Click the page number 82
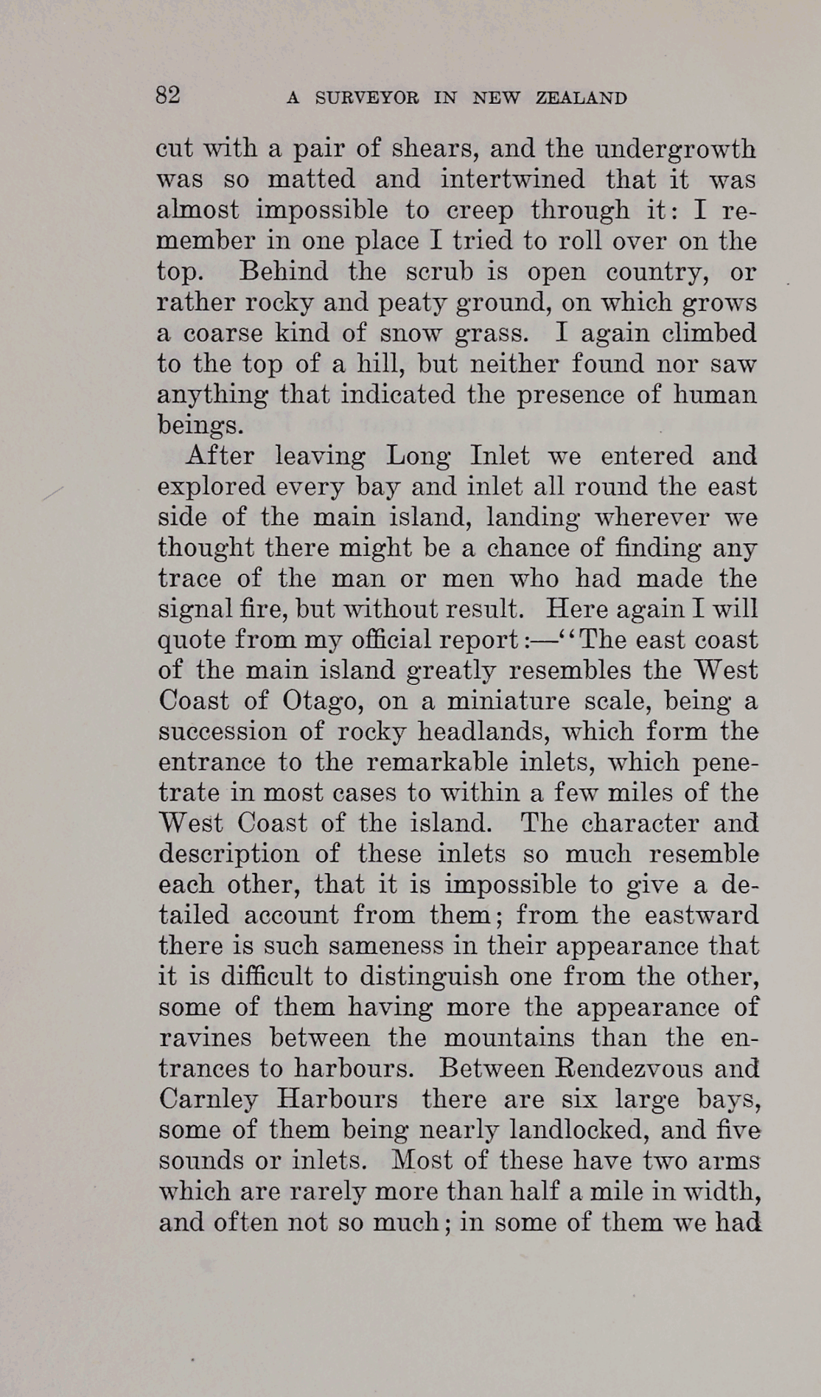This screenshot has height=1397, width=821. pos(168,96)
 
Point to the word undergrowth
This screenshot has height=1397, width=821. pos(675,150)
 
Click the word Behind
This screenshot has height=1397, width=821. pos(284,272)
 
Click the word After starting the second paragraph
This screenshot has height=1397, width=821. pos(220,456)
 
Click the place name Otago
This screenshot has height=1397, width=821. pos(321,701)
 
